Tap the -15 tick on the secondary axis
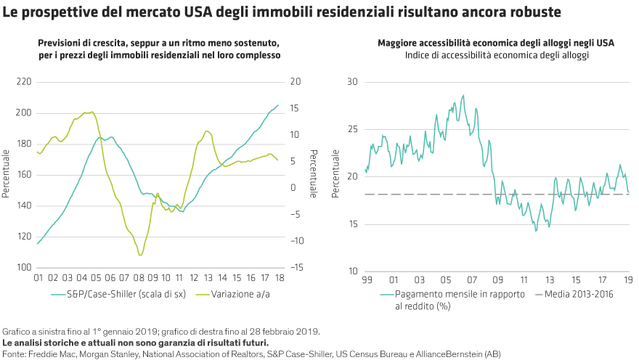tap(295, 268)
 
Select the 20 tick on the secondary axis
tap(294, 82)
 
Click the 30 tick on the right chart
tap(352, 82)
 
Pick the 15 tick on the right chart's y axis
tap(352, 224)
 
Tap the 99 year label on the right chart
tap(366, 279)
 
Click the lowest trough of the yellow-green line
tap(140, 255)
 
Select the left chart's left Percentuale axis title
tap(6, 175)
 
